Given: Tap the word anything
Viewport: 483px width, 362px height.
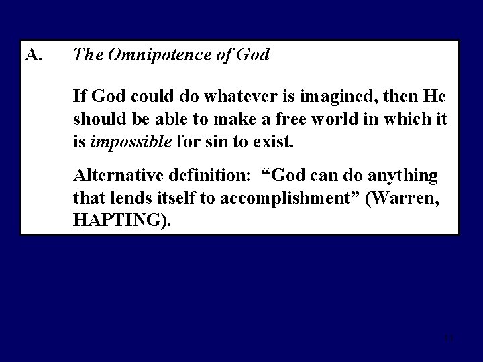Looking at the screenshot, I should (x=402, y=176).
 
